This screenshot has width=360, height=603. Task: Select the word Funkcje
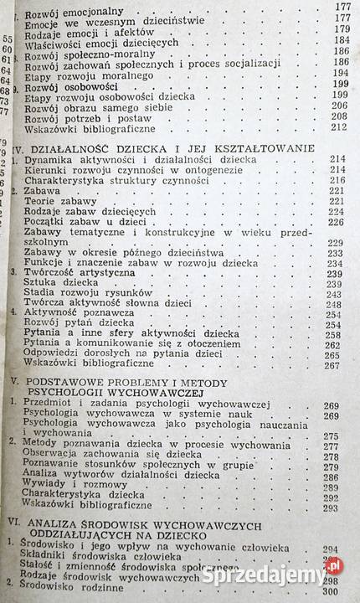pyautogui.click(x=49, y=263)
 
